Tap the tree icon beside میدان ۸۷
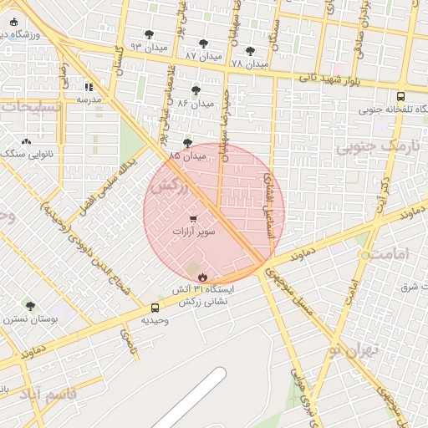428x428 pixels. click(203, 43)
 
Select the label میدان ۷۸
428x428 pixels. click(250, 64)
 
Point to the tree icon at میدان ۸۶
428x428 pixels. click(196, 90)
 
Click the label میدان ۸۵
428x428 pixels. click(187, 155)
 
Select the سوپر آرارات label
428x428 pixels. click(194, 231)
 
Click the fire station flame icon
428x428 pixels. click(201, 277)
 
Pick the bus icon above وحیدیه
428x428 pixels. click(155, 308)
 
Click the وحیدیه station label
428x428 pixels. click(155, 320)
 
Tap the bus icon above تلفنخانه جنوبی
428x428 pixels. click(400, 96)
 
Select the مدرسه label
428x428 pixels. click(89, 99)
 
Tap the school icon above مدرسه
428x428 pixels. click(89, 86)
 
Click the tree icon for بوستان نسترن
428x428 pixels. click(31, 307)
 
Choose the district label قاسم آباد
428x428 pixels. click(53, 393)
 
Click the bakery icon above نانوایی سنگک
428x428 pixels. click(26, 141)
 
